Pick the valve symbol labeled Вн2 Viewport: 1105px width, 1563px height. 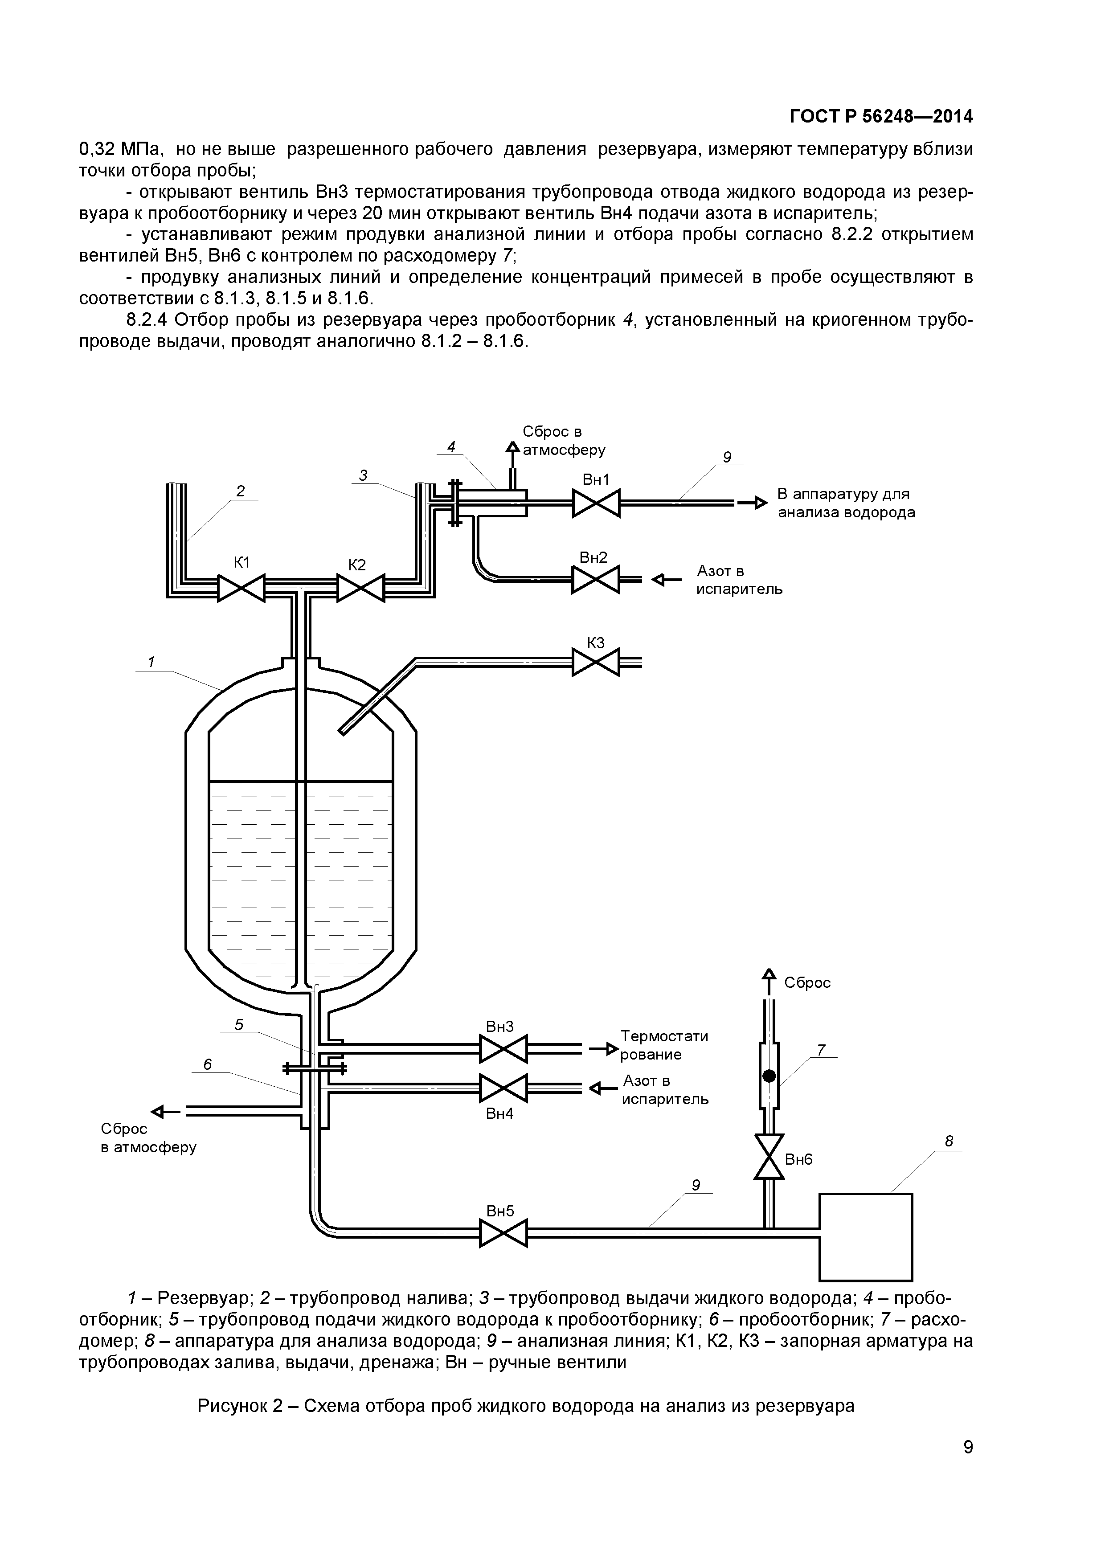click(596, 580)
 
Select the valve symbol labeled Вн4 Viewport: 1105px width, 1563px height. click(503, 1088)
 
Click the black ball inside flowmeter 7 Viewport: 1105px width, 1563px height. click(769, 1076)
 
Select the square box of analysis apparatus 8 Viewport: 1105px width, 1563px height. click(865, 1237)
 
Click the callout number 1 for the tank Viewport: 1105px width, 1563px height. click(151, 662)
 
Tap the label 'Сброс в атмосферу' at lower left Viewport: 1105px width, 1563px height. click(148, 1138)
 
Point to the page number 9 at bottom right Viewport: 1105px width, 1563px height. click(967, 1466)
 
